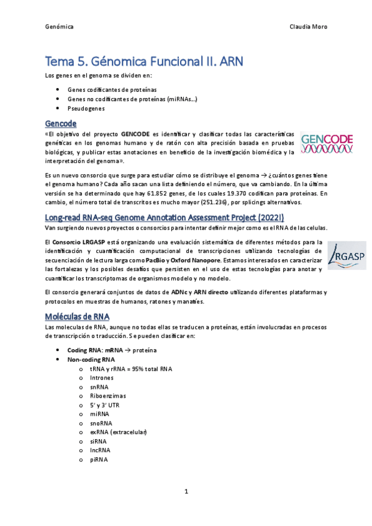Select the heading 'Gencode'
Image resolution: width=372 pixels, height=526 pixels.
[63, 122]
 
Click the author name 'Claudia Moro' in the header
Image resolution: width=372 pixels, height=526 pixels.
[309, 27]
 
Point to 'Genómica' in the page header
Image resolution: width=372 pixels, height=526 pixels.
[60, 27]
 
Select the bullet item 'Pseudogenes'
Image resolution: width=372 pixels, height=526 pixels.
[87, 109]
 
